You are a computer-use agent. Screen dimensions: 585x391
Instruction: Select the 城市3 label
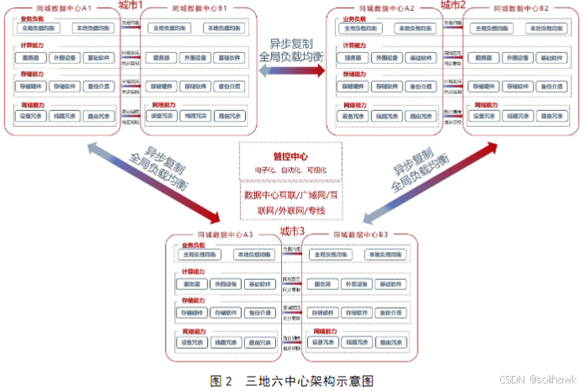click(x=292, y=230)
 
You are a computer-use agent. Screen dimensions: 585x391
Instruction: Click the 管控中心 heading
click(x=291, y=156)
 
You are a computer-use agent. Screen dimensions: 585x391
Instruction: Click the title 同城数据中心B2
click(x=520, y=8)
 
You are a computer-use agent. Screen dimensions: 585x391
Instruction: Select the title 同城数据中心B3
click(x=359, y=235)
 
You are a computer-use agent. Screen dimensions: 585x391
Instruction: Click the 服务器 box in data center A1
click(x=31, y=59)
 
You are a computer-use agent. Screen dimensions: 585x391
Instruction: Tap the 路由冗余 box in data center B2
click(x=551, y=115)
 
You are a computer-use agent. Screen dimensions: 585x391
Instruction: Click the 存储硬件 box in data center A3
click(x=192, y=312)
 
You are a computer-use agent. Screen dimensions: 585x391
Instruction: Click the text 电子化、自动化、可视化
click(x=291, y=171)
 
